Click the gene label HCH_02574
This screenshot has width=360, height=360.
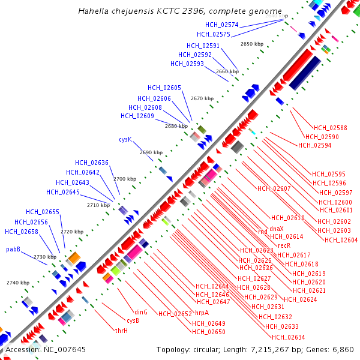[221, 25]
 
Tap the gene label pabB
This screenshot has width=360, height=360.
[13, 249]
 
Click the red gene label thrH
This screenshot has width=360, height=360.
[121, 331]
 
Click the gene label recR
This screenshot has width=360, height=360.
[284, 245]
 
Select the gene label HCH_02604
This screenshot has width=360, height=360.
[341, 240]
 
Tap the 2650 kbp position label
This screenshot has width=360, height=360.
[252, 44]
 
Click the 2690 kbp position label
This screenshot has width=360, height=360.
[151, 152]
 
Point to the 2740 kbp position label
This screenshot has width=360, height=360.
[17, 283]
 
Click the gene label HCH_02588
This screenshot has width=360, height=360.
[331, 128]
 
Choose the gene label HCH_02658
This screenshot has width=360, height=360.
[21, 232]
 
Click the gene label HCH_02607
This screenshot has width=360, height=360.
[274, 188]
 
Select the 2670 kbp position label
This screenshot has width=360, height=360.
[202, 98]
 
